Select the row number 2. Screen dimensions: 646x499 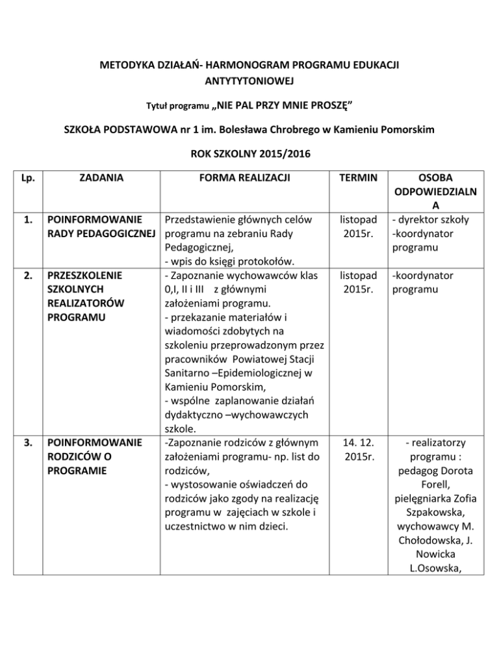pyautogui.click(x=27, y=276)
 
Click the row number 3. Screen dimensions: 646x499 pyautogui.click(x=27, y=443)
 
